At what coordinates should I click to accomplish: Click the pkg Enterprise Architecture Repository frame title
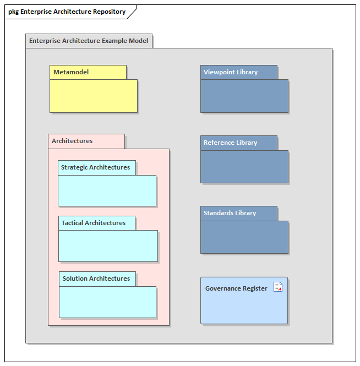(67, 12)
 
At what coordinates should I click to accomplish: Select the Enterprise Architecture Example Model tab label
(89, 41)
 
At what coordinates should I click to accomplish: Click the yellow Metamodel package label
(71, 72)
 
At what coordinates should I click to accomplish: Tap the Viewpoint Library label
(231, 72)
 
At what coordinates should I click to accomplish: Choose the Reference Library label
(230, 143)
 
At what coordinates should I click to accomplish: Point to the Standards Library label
(230, 213)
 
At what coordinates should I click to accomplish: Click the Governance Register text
(236, 288)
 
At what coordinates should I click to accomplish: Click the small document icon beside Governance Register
(278, 287)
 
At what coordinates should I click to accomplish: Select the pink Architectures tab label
(72, 141)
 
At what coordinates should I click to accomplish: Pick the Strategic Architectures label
(95, 167)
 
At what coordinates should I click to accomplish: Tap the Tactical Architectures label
(94, 223)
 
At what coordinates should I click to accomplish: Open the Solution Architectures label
(96, 278)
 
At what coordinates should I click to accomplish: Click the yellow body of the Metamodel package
(94, 96)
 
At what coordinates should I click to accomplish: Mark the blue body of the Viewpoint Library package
(244, 96)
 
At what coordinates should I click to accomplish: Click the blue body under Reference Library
(244, 167)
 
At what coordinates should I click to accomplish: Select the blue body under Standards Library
(244, 237)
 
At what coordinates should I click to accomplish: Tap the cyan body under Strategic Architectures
(107, 190)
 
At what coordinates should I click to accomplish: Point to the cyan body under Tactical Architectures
(108, 246)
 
